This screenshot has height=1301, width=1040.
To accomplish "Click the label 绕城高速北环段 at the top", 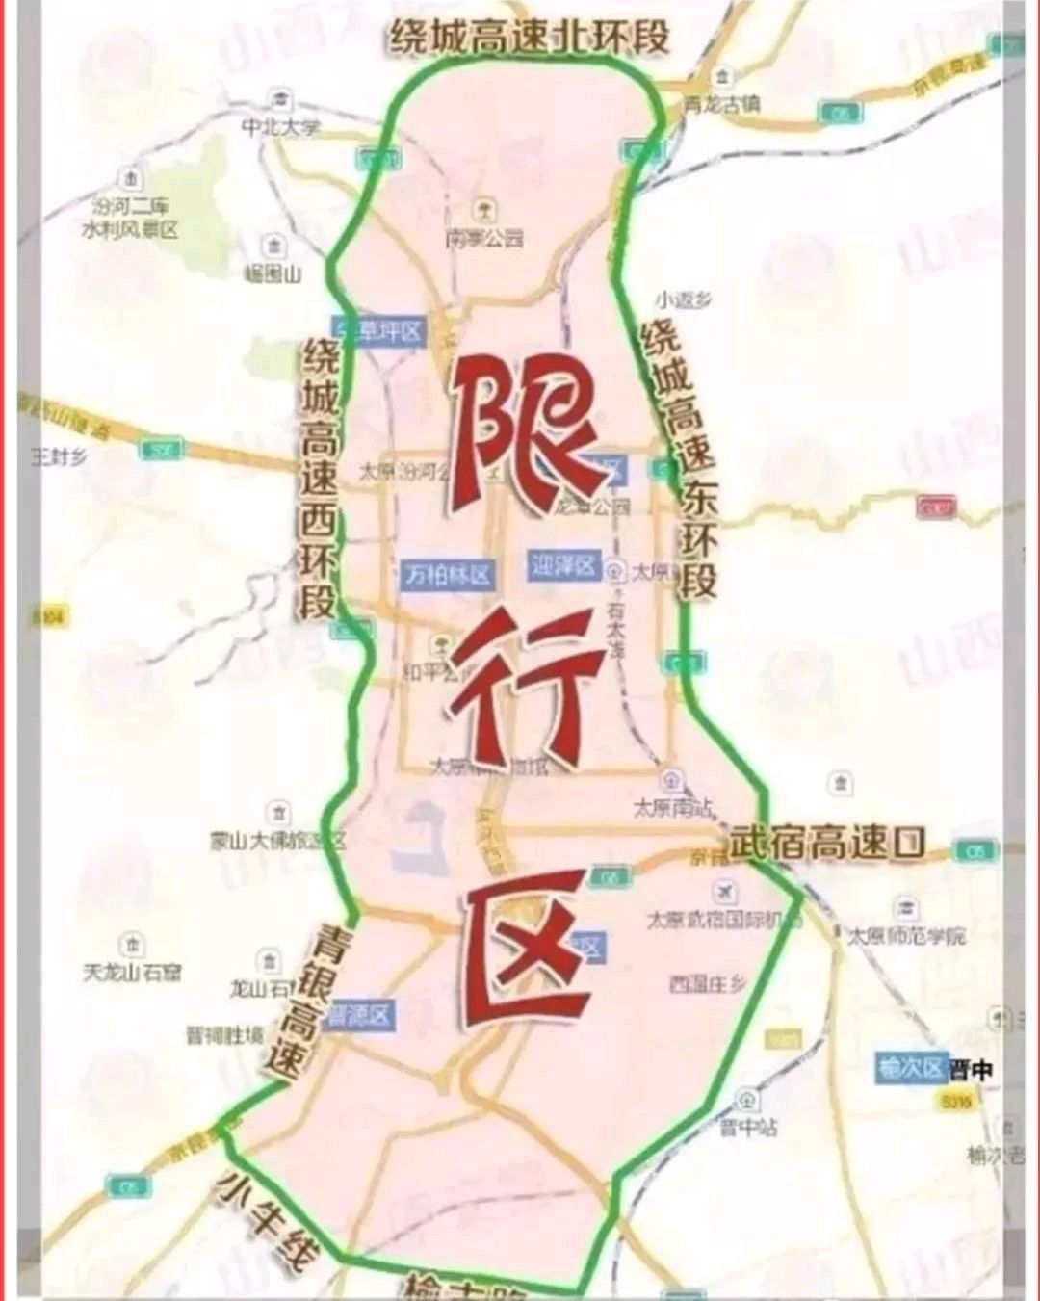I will click(x=529, y=37).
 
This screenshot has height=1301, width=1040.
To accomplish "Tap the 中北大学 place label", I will click(x=280, y=127).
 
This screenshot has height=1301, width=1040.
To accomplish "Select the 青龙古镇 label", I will click(x=722, y=104).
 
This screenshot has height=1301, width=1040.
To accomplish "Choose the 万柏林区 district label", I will click(x=448, y=575).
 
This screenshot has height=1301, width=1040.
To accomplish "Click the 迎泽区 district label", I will click(x=564, y=565).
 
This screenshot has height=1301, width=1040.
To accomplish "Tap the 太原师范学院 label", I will click(x=905, y=934).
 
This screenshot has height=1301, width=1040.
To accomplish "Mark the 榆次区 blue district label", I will click(x=909, y=1068).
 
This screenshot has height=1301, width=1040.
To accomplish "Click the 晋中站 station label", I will click(x=748, y=1126).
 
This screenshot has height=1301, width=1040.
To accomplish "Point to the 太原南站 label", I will click(x=673, y=806).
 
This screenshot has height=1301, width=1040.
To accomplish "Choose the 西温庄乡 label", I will click(x=708, y=984).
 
